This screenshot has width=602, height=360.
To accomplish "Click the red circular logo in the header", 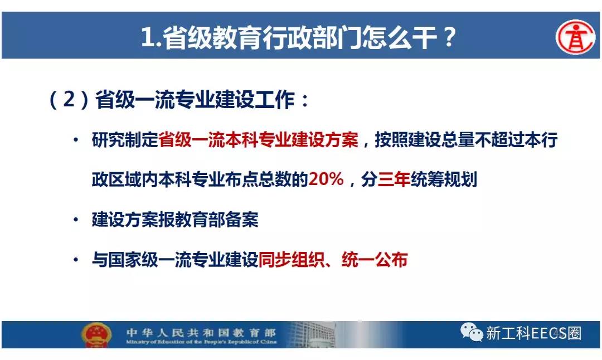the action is [x=575, y=37].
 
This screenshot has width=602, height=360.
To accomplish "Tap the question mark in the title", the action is [x=448, y=37].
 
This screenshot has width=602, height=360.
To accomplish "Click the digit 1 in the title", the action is [x=147, y=37].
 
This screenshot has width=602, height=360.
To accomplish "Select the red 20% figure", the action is [x=326, y=179].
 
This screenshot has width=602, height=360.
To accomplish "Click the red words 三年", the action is [x=394, y=179].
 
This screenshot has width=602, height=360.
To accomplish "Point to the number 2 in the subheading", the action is [x=69, y=99].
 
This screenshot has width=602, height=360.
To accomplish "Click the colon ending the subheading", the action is [x=305, y=100].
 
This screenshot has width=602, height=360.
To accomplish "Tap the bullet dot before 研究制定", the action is [x=76, y=140].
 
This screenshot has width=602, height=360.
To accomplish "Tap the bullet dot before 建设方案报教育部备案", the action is [x=76, y=220].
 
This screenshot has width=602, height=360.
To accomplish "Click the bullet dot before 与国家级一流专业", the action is [x=76, y=260].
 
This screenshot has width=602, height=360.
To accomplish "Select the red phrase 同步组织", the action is [x=292, y=260].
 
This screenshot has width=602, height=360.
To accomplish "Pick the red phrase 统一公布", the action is [x=375, y=260].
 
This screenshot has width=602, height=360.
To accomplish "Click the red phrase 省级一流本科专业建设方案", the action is [x=259, y=139].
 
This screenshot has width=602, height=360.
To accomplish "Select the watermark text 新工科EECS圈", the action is [x=533, y=333].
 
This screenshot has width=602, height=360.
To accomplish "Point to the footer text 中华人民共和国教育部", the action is [x=201, y=332].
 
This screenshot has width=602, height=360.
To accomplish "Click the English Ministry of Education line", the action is [x=201, y=342].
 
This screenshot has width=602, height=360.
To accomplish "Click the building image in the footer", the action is [x=311, y=334].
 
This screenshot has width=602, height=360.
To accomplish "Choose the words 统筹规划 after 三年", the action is [x=444, y=179].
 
